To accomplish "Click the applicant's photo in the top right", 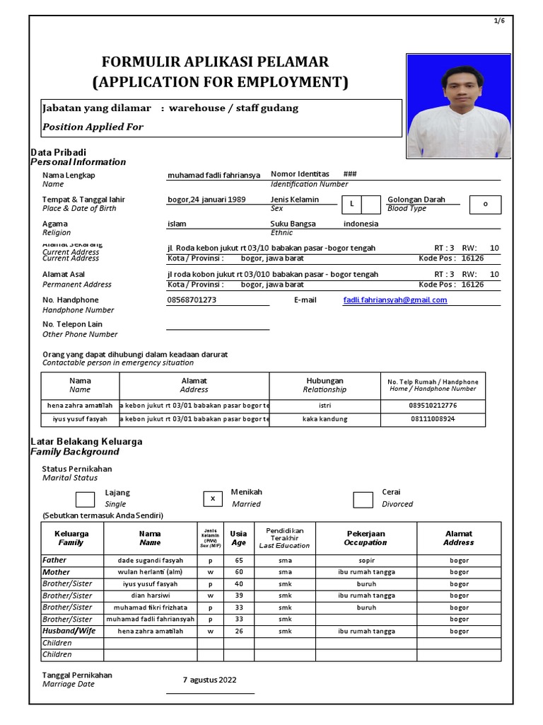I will [x=458, y=105].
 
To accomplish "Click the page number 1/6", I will [x=499, y=21].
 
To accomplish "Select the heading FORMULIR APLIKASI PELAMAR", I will [x=216, y=62].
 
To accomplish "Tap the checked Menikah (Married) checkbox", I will [x=212, y=499].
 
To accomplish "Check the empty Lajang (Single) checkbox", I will [x=86, y=499].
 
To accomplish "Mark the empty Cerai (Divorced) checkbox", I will [x=363, y=499].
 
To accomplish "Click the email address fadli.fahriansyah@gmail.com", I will [x=395, y=300].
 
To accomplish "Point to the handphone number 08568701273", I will [x=192, y=300].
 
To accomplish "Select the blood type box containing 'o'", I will [x=485, y=205].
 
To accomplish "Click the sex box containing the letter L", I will [x=351, y=205].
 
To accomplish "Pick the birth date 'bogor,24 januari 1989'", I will [x=206, y=200].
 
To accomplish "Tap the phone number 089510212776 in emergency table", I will [x=433, y=406].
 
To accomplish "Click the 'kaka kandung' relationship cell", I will [x=325, y=419].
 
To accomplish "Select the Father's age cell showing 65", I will [x=238, y=561].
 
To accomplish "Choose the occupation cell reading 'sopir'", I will [x=366, y=561].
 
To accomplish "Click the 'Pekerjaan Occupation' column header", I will [x=366, y=538].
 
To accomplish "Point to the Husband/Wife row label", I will [x=69, y=631].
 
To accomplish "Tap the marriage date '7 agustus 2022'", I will [x=210, y=680].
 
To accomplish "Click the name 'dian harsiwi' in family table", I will [x=150, y=596].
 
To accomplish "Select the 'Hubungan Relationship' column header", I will [x=325, y=385].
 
